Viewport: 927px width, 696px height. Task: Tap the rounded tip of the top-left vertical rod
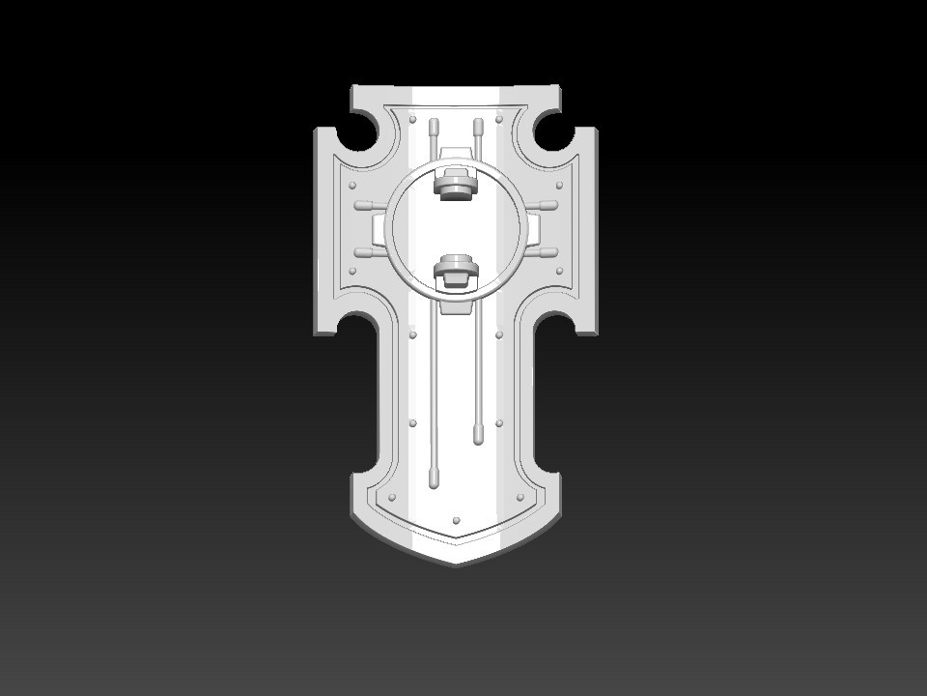[434, 124]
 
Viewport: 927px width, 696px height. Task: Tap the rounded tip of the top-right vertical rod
[478, 124]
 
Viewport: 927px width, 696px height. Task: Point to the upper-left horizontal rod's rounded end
[361, 206]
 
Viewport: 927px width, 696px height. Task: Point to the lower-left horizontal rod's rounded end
[361, 253]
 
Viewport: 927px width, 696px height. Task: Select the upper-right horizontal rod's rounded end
[551, 206]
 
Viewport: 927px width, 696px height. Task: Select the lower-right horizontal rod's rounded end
[551, 253]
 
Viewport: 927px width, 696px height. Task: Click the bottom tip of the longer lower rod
[434, 479]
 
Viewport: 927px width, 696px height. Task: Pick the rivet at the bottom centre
[457, 519]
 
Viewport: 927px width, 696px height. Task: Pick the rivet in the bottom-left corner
[391, 498]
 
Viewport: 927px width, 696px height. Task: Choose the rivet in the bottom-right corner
[522, 498]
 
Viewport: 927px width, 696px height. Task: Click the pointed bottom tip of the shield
[456, 563]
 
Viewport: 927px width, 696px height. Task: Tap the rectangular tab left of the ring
[379, 230]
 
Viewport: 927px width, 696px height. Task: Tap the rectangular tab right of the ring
[534, 230]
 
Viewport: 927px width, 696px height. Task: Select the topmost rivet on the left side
[413, 120]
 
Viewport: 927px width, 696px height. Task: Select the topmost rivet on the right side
[499, 120]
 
